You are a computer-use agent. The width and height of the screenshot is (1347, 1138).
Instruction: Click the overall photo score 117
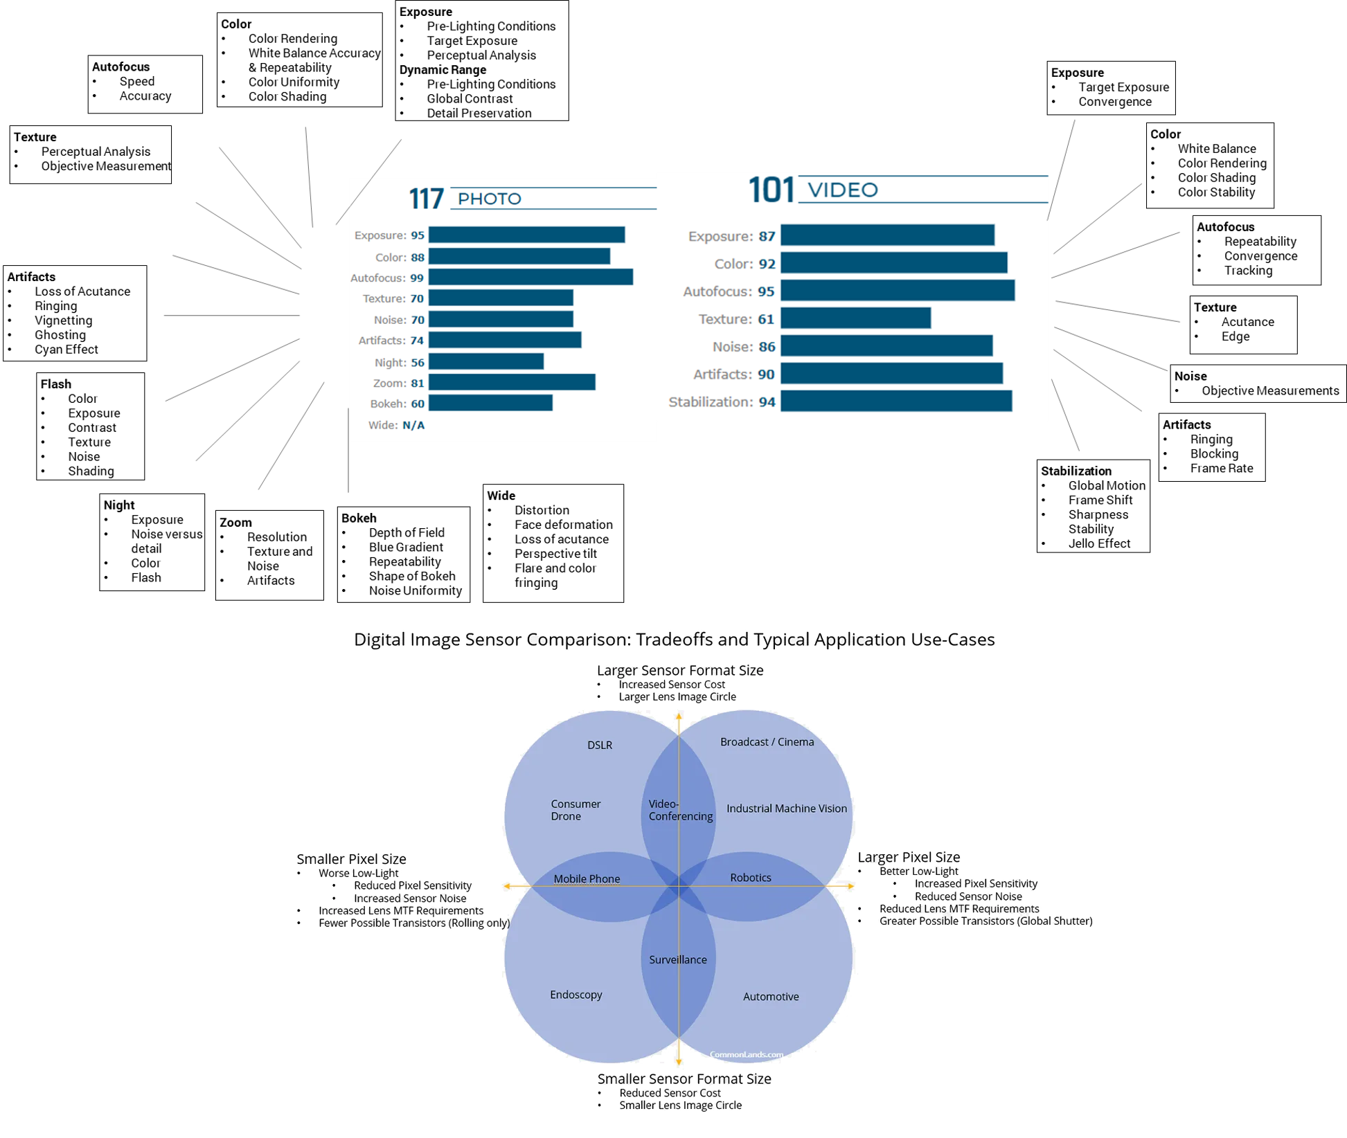425,199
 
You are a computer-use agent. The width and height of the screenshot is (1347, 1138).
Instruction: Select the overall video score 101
770,190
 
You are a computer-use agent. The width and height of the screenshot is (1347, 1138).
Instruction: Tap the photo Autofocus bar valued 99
530,278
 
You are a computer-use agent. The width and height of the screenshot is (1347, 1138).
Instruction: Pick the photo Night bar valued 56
485,362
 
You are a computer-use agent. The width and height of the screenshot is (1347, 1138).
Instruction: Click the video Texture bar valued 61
855,319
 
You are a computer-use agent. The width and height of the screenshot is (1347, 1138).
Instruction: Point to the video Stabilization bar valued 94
896,401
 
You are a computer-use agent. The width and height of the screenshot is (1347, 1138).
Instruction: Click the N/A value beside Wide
413,425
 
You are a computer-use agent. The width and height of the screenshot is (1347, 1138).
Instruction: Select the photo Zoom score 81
417,383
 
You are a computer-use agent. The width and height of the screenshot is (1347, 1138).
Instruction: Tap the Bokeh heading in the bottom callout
359,518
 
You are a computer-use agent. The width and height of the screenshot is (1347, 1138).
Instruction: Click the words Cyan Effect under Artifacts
66,350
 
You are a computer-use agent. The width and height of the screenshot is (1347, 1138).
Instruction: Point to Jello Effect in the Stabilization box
1099,543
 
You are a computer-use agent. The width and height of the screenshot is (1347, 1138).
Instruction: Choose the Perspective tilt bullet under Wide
555,553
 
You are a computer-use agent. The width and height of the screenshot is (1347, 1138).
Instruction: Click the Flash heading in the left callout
55,384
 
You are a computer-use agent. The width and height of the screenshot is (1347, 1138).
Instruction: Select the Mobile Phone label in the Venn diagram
587,879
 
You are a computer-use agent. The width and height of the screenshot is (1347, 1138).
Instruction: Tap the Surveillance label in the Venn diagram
678,959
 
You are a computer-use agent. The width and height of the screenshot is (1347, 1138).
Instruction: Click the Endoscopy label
576,995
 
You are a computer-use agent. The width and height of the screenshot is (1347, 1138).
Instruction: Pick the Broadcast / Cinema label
767,742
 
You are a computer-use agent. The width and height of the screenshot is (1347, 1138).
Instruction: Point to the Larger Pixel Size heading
909,858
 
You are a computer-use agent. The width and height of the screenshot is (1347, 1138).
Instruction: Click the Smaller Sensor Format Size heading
684,1079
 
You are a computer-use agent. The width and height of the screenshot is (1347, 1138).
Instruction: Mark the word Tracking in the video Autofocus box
1248,271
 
